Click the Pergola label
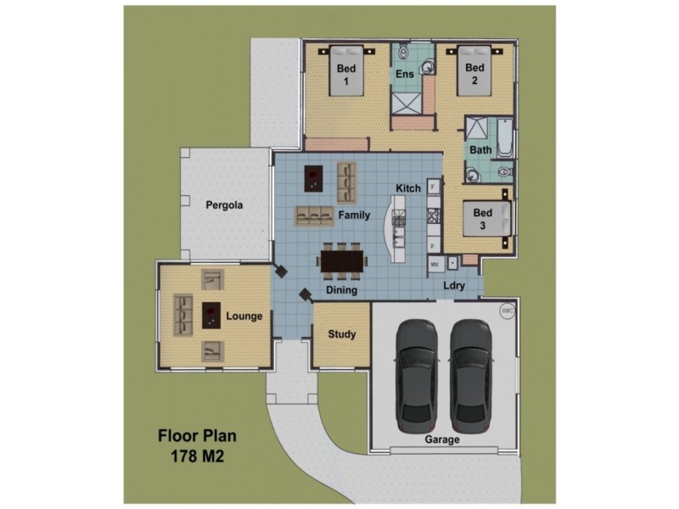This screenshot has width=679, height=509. click(x=225, y=205)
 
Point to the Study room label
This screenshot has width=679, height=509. click(x=342, y=334)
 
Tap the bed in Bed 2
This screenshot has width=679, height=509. click(x=475, y=75)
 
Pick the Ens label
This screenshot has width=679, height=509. click(x=406, y=76)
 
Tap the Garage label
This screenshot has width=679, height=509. click(x=441, y=440)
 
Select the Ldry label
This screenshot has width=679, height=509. click(x=454, y=286)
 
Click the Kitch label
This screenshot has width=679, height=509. click(x=407, y=187)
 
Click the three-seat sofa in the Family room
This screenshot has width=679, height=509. click(x=314, y=215)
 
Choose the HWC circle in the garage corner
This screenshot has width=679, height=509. click(x=508, y=310)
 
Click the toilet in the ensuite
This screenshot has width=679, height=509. click(x=405, y=53)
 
